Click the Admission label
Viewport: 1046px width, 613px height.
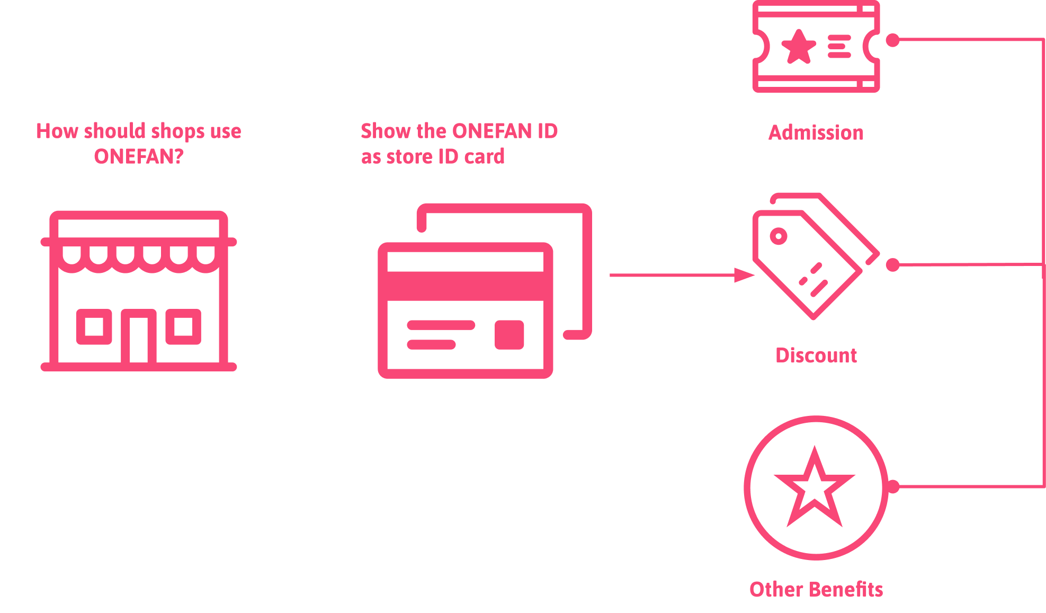816,132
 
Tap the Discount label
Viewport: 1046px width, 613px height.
816,356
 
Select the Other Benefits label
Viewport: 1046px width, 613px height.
816,589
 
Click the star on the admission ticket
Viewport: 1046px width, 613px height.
799,47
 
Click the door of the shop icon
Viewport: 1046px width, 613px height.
139,339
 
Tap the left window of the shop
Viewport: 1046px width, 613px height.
94,326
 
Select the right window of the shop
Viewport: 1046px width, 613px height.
183,326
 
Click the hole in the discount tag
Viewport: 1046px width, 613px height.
778,236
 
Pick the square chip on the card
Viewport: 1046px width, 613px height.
509,335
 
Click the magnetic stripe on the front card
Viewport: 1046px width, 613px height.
466,286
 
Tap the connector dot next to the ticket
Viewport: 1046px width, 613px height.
892,40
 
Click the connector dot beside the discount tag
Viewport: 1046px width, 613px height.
892,264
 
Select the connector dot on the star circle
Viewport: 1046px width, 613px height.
893,486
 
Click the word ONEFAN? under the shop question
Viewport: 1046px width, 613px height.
139,157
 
